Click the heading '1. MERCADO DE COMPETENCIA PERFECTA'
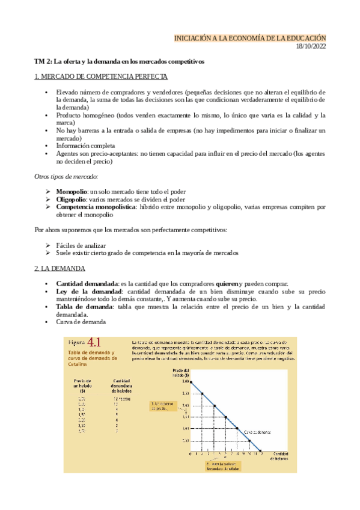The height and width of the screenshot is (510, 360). point(101,77)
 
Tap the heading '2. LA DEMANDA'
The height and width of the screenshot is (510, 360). point(59,268)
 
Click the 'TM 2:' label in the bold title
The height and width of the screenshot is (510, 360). point(43,61)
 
